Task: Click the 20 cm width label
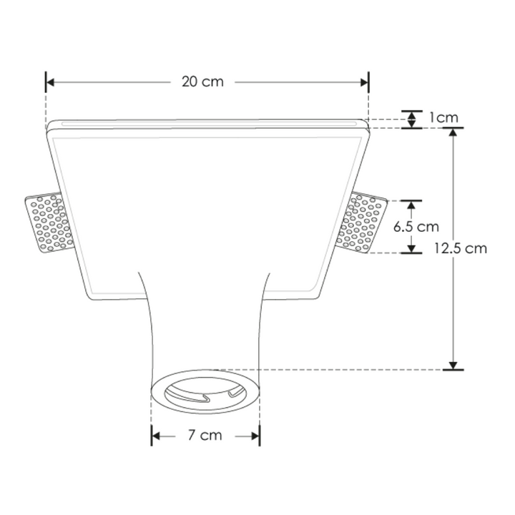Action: point(202,82)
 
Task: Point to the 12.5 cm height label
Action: point(461,248)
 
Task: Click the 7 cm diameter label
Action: point(206,435)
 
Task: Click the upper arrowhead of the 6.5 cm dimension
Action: point(411,206)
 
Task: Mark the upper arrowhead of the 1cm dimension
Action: point(411,115)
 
